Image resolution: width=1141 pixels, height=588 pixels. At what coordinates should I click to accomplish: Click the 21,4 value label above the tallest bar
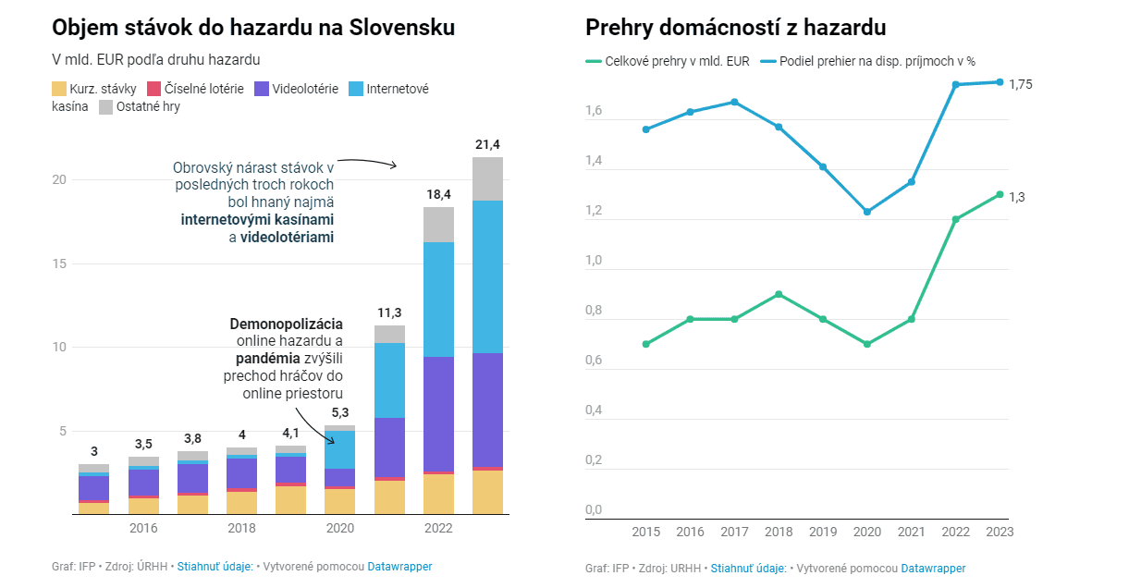(x=487, y=144)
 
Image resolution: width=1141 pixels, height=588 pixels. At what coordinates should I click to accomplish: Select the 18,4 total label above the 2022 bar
(x=438, y=194)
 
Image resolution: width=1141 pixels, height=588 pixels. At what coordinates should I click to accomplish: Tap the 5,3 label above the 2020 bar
(x=339, y=412)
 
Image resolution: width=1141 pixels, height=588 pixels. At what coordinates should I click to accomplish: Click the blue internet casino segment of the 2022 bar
(x=438, y=299)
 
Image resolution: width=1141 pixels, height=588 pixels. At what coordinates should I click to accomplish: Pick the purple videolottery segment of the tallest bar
(x=487, y=410)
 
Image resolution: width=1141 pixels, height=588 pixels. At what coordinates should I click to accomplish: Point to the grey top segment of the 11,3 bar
(x=389, y=334)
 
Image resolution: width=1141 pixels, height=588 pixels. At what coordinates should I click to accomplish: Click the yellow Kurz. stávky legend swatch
(x=59, y=90)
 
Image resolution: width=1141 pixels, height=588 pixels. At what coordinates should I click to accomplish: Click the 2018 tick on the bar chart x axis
(x=241, y=528)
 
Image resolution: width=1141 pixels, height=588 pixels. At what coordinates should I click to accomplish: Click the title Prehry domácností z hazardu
(x=735, y=28)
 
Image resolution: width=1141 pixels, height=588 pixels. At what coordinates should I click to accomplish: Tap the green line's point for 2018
(x=779, y=294)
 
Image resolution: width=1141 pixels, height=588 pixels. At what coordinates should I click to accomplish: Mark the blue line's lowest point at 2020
(x=867, y=212)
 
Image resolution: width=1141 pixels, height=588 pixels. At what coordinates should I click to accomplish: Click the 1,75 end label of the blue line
(x=1021, y=84)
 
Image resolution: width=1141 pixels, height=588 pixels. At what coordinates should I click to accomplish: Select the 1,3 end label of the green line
(x=1016, y=197)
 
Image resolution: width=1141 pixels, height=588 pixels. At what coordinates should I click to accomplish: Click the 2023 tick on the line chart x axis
(x=1000, y=532)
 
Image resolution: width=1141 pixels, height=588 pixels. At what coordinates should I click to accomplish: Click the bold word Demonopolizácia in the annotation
(x=286, y=325)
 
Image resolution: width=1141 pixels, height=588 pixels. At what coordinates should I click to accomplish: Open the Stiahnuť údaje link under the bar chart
(x=215, y=567)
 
